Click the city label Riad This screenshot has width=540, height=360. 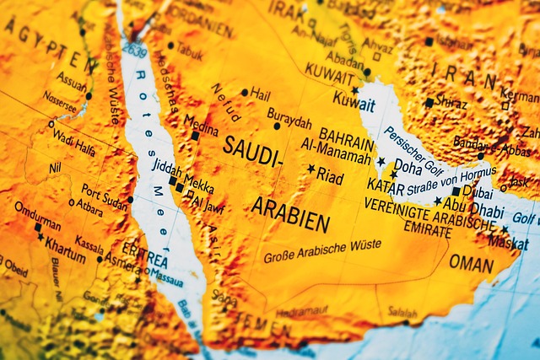(x=331, y=177)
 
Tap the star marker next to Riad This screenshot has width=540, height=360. (x=311, y=169)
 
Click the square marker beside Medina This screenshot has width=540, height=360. (x=195, y=135)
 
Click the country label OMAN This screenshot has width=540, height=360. (x=471, y=263)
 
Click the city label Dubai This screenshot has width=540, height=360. (x=477, y=192)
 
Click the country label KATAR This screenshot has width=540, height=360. (x=385, y=185)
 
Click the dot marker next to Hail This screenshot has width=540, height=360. (x=245, y=92)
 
